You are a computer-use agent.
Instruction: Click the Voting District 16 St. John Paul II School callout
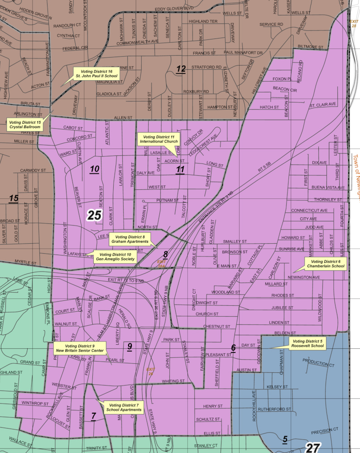click(97, 74)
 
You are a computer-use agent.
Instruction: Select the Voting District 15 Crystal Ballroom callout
click(25, 125)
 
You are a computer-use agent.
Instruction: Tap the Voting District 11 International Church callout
click(158, 139)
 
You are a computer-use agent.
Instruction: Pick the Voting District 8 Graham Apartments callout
click(131, 239)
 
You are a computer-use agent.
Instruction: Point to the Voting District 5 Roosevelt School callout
click(308, 343)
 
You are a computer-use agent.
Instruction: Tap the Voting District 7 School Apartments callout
click(124, 407)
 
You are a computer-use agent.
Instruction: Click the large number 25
click(94, 215)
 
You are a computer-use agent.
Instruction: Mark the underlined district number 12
click(181, 69)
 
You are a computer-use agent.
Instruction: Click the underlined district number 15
click(14, 198)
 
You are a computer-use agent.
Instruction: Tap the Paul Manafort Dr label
click(243, 53)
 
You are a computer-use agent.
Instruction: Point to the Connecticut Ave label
click(309, 211)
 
